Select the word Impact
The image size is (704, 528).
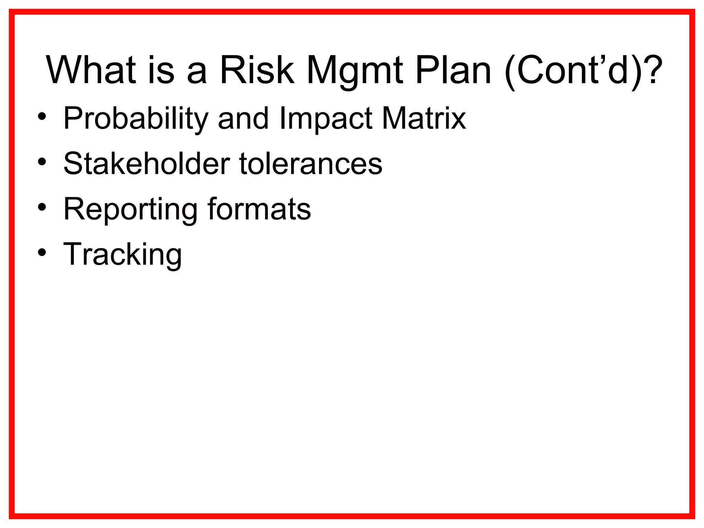(x=326, y=119)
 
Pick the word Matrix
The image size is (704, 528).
(x=424, y=119)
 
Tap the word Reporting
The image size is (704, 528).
(x=130, y=210)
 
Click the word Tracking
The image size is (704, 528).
(x=122, y=255)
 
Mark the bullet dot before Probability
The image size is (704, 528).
(x=42, y=117)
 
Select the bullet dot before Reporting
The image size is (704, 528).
(x=42, y=207)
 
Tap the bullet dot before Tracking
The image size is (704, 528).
(x=42, y=253)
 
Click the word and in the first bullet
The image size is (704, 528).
(x=243, y=119)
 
